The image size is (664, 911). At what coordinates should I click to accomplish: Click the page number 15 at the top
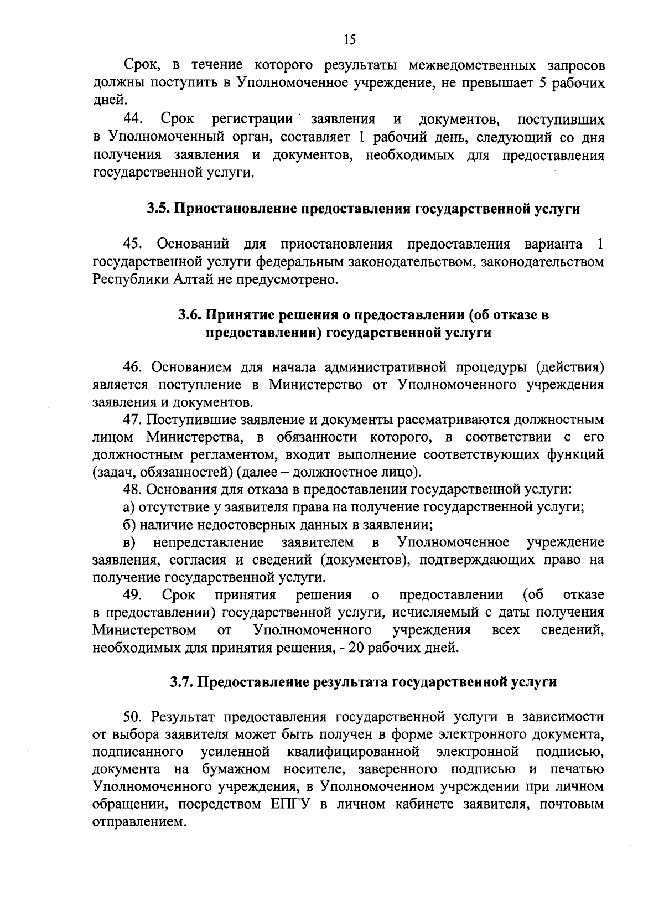[350, 39]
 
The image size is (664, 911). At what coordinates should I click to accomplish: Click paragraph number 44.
[133, 119]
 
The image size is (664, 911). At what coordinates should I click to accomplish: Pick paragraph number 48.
[133, 490]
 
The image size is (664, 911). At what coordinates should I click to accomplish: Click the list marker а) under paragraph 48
[128, 507]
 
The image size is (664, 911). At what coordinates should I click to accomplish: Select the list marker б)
[128, 525]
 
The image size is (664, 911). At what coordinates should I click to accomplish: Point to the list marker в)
[128, 542]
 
